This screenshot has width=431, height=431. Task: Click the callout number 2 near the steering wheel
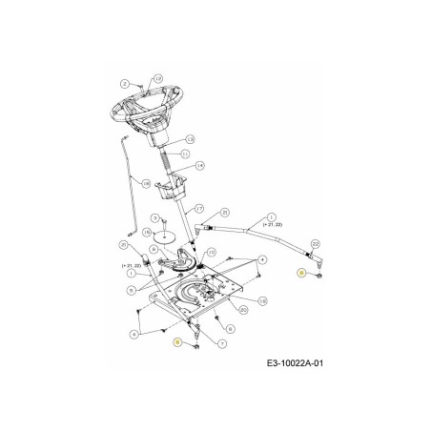pyautogui.click(x=124, y=84)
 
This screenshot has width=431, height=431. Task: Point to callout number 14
pyautogui.click(x=200, y=166)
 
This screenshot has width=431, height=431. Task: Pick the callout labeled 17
pyautogui.click(x=199, y=208)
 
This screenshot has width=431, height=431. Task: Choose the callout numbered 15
pyautogui.click(x=147, y=233)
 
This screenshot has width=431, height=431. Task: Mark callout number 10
pyautogui.click(x=212, y=252)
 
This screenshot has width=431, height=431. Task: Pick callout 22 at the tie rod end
pyautogui.click(x=315, y=244)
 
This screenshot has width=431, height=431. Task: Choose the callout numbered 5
pyautogui.click(x=130, y=289)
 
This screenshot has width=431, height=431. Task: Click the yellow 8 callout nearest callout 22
pyautogui.click(x=301, y=274)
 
